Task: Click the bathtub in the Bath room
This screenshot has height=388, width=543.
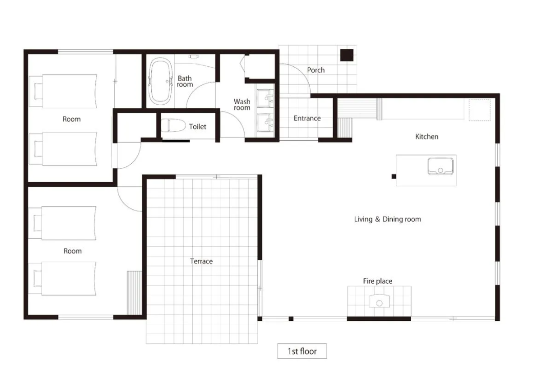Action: pyautogui.click(x=160, y=81)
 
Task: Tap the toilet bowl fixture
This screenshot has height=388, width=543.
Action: pyautogui.click(x=173, y=126)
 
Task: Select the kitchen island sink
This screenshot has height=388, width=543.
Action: pyautogui.click(x=440, y=166)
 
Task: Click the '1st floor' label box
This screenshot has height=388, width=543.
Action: pyautogui.click(x=302, y=351)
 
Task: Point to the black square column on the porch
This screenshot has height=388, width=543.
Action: pyautogui.click(x=347, y=55)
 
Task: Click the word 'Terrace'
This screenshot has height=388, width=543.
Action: pyautogui.click(x=201, y=261)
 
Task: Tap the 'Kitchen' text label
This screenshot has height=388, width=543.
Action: pyautogui.click(x=427, y=137)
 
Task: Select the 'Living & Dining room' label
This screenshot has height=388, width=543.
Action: pyautogui.click(x=388, y=219)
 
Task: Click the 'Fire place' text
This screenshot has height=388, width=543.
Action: pyautogui.click(x=377, y=281)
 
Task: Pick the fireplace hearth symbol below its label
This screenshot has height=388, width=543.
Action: pyautogui.click(x=379, y=301)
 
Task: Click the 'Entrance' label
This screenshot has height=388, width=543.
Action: pyautogui.click(x=307, y=118)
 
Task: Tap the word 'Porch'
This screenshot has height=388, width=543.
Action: pyautogui.click(x=316, y=70)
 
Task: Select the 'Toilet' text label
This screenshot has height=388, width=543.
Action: pyautogui.click(x=197, y=127)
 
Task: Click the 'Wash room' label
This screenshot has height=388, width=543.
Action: pyautogui.click(x=242, y=104)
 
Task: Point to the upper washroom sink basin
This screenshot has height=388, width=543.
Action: pyautogui.click(x=266, y=98)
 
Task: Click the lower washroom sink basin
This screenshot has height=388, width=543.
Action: pyautogui.click(x=266, y=122)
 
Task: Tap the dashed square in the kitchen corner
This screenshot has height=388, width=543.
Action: pyautogui.click(x=479, y=110)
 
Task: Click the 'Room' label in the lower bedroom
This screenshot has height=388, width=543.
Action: pyautogui.click(x=72, y=251)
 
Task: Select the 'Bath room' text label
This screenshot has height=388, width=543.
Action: pyautogui.click(x=185, y=82)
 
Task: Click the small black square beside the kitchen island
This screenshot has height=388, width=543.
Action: pyautogui.click(x=394, y=177)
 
